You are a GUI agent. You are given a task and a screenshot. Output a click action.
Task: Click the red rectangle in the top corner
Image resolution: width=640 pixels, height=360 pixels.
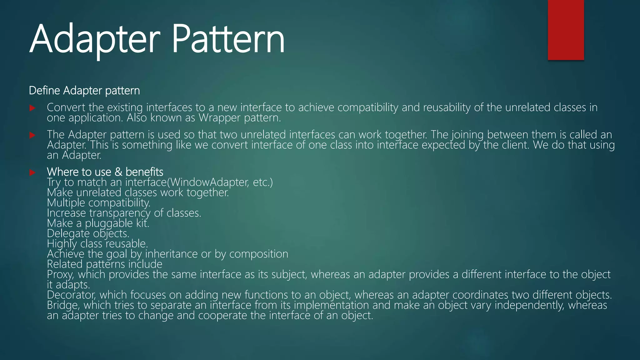pyautogui.click(x=566, y=30)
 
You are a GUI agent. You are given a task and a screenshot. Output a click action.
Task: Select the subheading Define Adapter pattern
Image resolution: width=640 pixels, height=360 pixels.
pyautogui.click(x=84, y=91)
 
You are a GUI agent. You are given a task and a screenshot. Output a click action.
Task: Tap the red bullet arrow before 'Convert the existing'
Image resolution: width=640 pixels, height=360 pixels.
pyautogui.click(x=32, y=108)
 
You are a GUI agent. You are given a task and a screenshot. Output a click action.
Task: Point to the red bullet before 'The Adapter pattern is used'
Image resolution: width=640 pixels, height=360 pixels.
pyautogui.click(x=32, y=135)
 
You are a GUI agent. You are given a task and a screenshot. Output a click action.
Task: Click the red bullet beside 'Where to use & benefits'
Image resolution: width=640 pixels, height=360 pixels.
pyautogui.click(x=32, y=172)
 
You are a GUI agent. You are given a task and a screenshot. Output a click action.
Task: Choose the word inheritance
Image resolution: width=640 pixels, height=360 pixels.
pyautogui.click(x=171, y=254)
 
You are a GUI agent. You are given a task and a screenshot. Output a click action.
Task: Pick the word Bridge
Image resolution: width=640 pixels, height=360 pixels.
pyautogui.click(x=63, y=305)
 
